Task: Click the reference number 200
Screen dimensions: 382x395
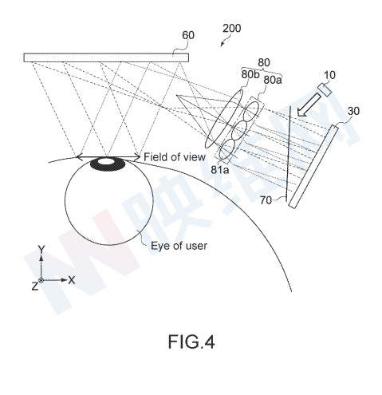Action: pos(231,29)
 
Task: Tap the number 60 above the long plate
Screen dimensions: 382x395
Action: pos(188,35)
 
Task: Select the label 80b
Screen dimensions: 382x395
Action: pos(250,74)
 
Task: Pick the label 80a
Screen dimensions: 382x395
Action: pos(273,80)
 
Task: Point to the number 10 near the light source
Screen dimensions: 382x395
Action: pos(329,75)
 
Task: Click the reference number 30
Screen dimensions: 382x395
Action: pos(353,111)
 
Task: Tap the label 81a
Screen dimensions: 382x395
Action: pos(220,169)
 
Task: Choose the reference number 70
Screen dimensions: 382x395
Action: pos(266,200)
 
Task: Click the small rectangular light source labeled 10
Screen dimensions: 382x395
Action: pos(325,90)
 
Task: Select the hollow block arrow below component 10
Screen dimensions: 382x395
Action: pos(309,105)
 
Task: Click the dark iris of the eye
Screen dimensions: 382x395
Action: pos(108,164)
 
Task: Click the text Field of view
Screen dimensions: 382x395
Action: pos(175,157)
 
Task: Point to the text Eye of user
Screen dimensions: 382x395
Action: pos(179,246)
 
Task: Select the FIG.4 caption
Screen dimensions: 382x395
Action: pos(191,342)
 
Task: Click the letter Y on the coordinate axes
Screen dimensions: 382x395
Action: pos(41,249)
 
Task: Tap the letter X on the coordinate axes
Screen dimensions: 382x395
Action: pos(72,280)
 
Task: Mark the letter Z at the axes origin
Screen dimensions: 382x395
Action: pos(35,286)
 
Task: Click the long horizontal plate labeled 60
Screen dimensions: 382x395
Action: pos(106,57)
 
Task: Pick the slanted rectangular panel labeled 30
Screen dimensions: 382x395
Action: pos(313,167)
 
